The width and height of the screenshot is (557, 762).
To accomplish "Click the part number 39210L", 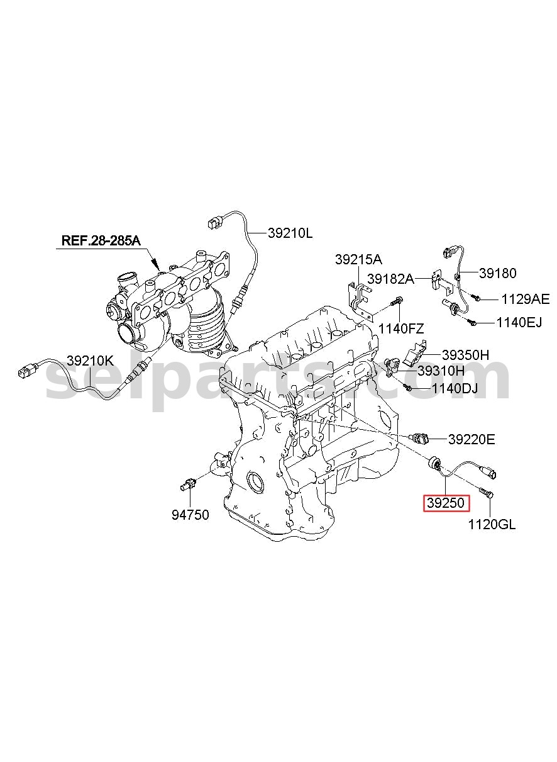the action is (x=290, y=233).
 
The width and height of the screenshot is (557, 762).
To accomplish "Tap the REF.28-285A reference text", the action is (x=101, y=240).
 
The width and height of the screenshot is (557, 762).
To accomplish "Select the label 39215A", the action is (x=358, y=260).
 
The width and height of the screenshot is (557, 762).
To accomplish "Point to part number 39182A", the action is (x=391, y=279).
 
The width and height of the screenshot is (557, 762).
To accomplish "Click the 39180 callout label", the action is (x=497, y=273).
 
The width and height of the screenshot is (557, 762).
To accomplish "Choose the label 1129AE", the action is (x=526, y=300).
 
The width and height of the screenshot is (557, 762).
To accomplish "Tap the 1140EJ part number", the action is (x=519, y=322).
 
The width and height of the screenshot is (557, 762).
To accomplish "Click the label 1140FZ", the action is (x=401, y=328).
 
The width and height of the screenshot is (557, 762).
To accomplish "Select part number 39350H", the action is (x=465, y=355).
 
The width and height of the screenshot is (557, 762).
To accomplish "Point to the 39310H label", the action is (x=441, y=371).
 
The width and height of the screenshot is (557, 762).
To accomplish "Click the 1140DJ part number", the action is (x=455, y=388).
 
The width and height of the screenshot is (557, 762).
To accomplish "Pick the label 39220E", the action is (x=472, y=439).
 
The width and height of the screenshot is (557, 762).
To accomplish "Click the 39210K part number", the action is (x=90, y=361).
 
